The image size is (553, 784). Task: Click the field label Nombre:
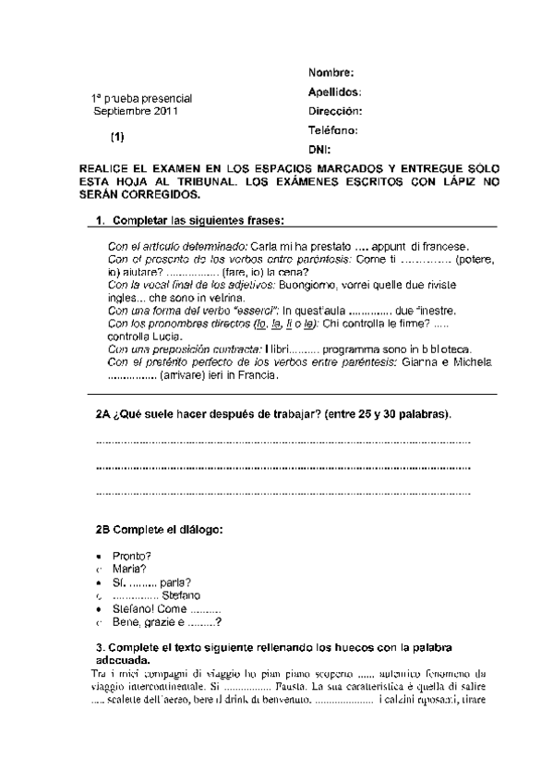pyautogui.click(x=331, y=73)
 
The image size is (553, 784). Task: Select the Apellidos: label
pyautogui.click(x=334, y=92)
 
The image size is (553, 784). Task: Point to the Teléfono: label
pyautogui.click(x=333, y=130)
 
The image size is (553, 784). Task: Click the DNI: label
pyautogui.click(x=319, y=149)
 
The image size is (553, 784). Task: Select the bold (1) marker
pyautogui.click(x=117, y=137)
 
